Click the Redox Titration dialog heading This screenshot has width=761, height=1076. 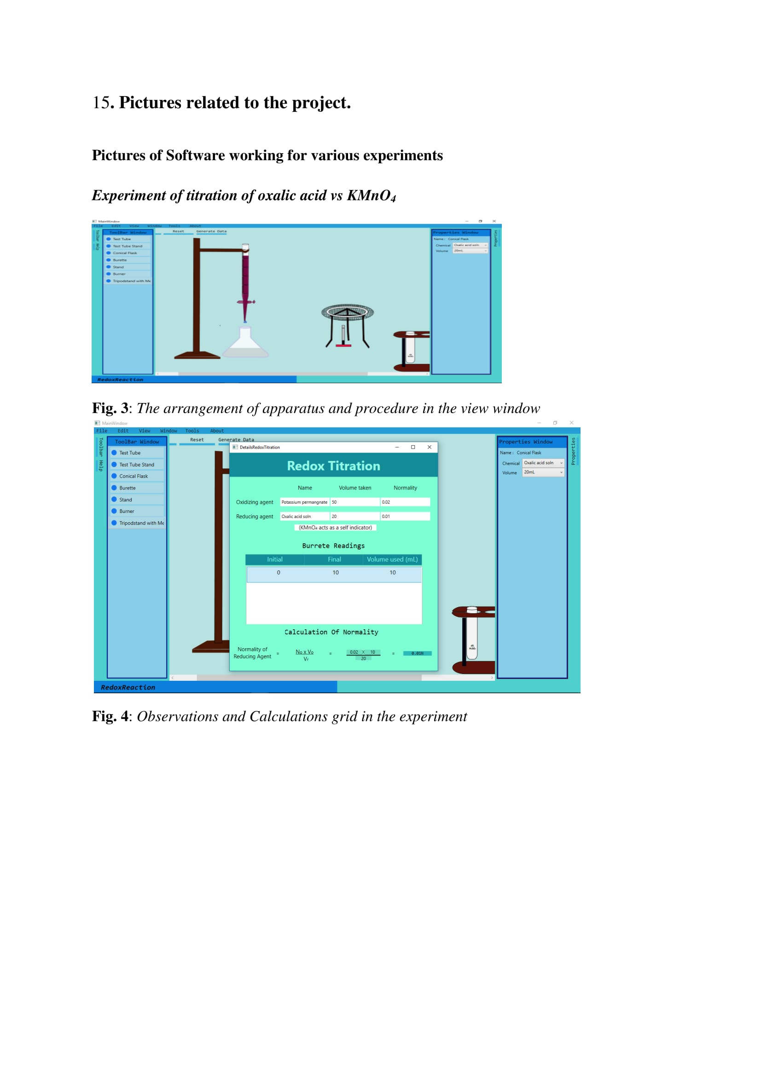click(333, 466)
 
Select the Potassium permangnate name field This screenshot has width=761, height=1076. click(305, 502)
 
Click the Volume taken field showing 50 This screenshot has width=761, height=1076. click(354, 502)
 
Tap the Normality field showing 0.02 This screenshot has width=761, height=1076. click(405, 502)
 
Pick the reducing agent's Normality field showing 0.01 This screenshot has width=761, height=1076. click(405, 517)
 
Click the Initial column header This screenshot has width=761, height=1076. click(275, 559)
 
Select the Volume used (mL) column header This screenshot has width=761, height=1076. click(392, 559)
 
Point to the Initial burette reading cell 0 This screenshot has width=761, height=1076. click(279, 573)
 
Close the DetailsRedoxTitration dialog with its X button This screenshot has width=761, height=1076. click(430, 447)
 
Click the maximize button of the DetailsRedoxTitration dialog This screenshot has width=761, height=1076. click(413, 447)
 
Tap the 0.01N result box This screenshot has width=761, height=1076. click(417, 653)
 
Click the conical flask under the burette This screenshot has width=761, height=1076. click(245, 345)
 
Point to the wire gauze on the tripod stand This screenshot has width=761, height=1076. click(348, 311)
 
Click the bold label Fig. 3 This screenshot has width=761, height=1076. click(110, 409)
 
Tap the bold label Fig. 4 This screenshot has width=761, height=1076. click(110, 717)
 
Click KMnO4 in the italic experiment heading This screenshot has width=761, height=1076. click(371, 196)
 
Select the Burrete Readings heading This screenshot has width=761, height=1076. click(333, 546)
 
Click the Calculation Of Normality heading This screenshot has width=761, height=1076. click(331, 632)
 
